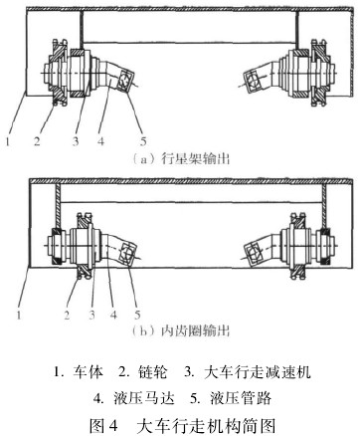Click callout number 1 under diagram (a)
tap(7, 141)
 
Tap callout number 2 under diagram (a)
tap(37, 141)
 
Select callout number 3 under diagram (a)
tap(76, 141)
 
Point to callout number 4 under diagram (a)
tap(100, 141)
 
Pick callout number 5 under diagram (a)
tap(143, 141)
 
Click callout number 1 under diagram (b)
tap(19, 315)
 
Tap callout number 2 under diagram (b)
tap(67, 315)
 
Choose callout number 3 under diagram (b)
tap(92, 315)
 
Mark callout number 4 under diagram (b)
tap(113, 315)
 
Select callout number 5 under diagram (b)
tap(137, 315)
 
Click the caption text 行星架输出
tap(196, 159)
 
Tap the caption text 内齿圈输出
tap(196, 331)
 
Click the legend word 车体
tap(88, 372)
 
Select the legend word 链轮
tap(152, 372)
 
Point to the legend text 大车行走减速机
tap(258, 372)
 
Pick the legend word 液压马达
tap(144, 398)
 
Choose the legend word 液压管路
tap(241, 398)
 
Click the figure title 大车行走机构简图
tap(206, 425)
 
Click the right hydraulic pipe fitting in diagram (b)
tap(253, 253)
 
